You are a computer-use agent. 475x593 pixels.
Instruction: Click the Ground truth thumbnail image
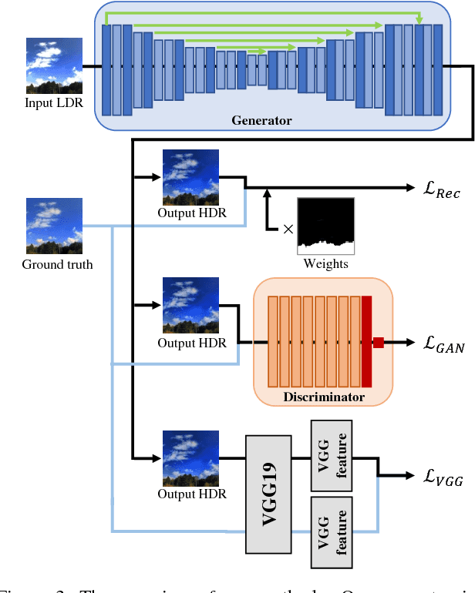pos(55,226)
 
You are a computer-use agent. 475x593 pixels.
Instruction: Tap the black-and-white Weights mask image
pos(325,226)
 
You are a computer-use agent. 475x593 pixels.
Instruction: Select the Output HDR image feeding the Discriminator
pos(190,306)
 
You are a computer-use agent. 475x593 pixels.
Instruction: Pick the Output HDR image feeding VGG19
pos(190,458)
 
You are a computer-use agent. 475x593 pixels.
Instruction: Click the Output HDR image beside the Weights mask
pos(190,177)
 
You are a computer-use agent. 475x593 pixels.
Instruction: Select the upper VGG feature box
pos(331,455)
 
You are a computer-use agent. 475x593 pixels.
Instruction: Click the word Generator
pos(261,120)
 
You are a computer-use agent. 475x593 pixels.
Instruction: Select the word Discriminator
pos(323,397)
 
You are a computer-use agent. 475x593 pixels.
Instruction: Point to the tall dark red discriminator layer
pos(366,341)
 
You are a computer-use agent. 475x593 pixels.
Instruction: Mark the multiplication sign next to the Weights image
pos(288,229)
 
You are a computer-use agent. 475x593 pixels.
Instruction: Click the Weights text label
pos(325,264)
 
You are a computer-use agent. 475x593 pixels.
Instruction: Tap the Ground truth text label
pos(57,265)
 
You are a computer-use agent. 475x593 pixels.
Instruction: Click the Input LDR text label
pos(55,103)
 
